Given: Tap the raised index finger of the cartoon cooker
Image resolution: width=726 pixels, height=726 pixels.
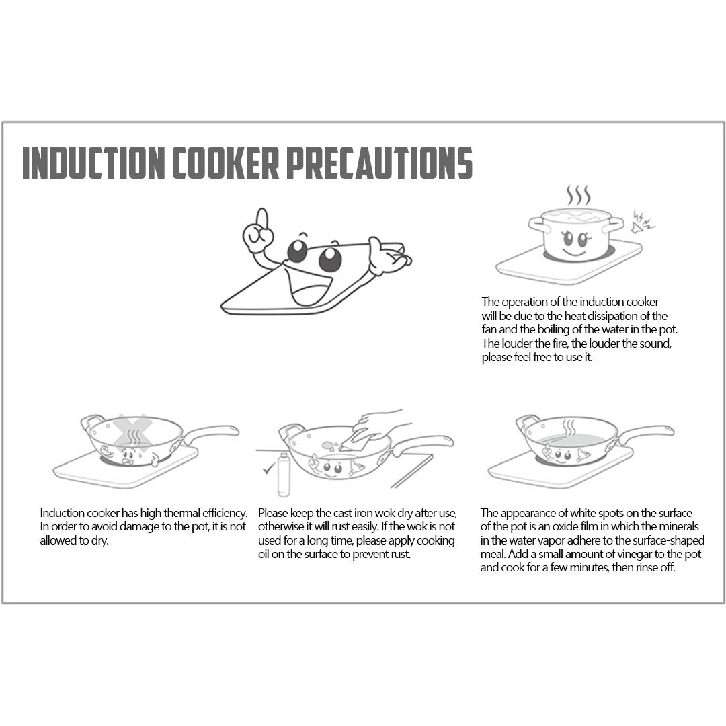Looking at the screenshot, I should coord(262,219).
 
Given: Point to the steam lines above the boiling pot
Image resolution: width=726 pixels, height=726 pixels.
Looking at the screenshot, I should coord(578,195).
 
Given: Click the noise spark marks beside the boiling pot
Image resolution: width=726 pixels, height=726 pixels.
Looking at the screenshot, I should coord(642,222).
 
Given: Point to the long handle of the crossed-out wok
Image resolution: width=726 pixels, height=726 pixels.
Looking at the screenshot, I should coord(212,432).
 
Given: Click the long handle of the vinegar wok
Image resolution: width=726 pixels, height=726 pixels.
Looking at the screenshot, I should coord(646,432).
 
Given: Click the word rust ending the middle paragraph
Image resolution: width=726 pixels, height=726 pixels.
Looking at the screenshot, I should coord(399,554).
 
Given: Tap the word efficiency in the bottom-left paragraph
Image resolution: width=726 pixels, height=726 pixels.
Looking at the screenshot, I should coord(225,513).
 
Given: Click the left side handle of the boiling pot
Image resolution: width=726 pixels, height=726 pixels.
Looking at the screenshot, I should coord(536,224).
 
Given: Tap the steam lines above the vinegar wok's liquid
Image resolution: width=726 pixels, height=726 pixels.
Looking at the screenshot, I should coord(569,428).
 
